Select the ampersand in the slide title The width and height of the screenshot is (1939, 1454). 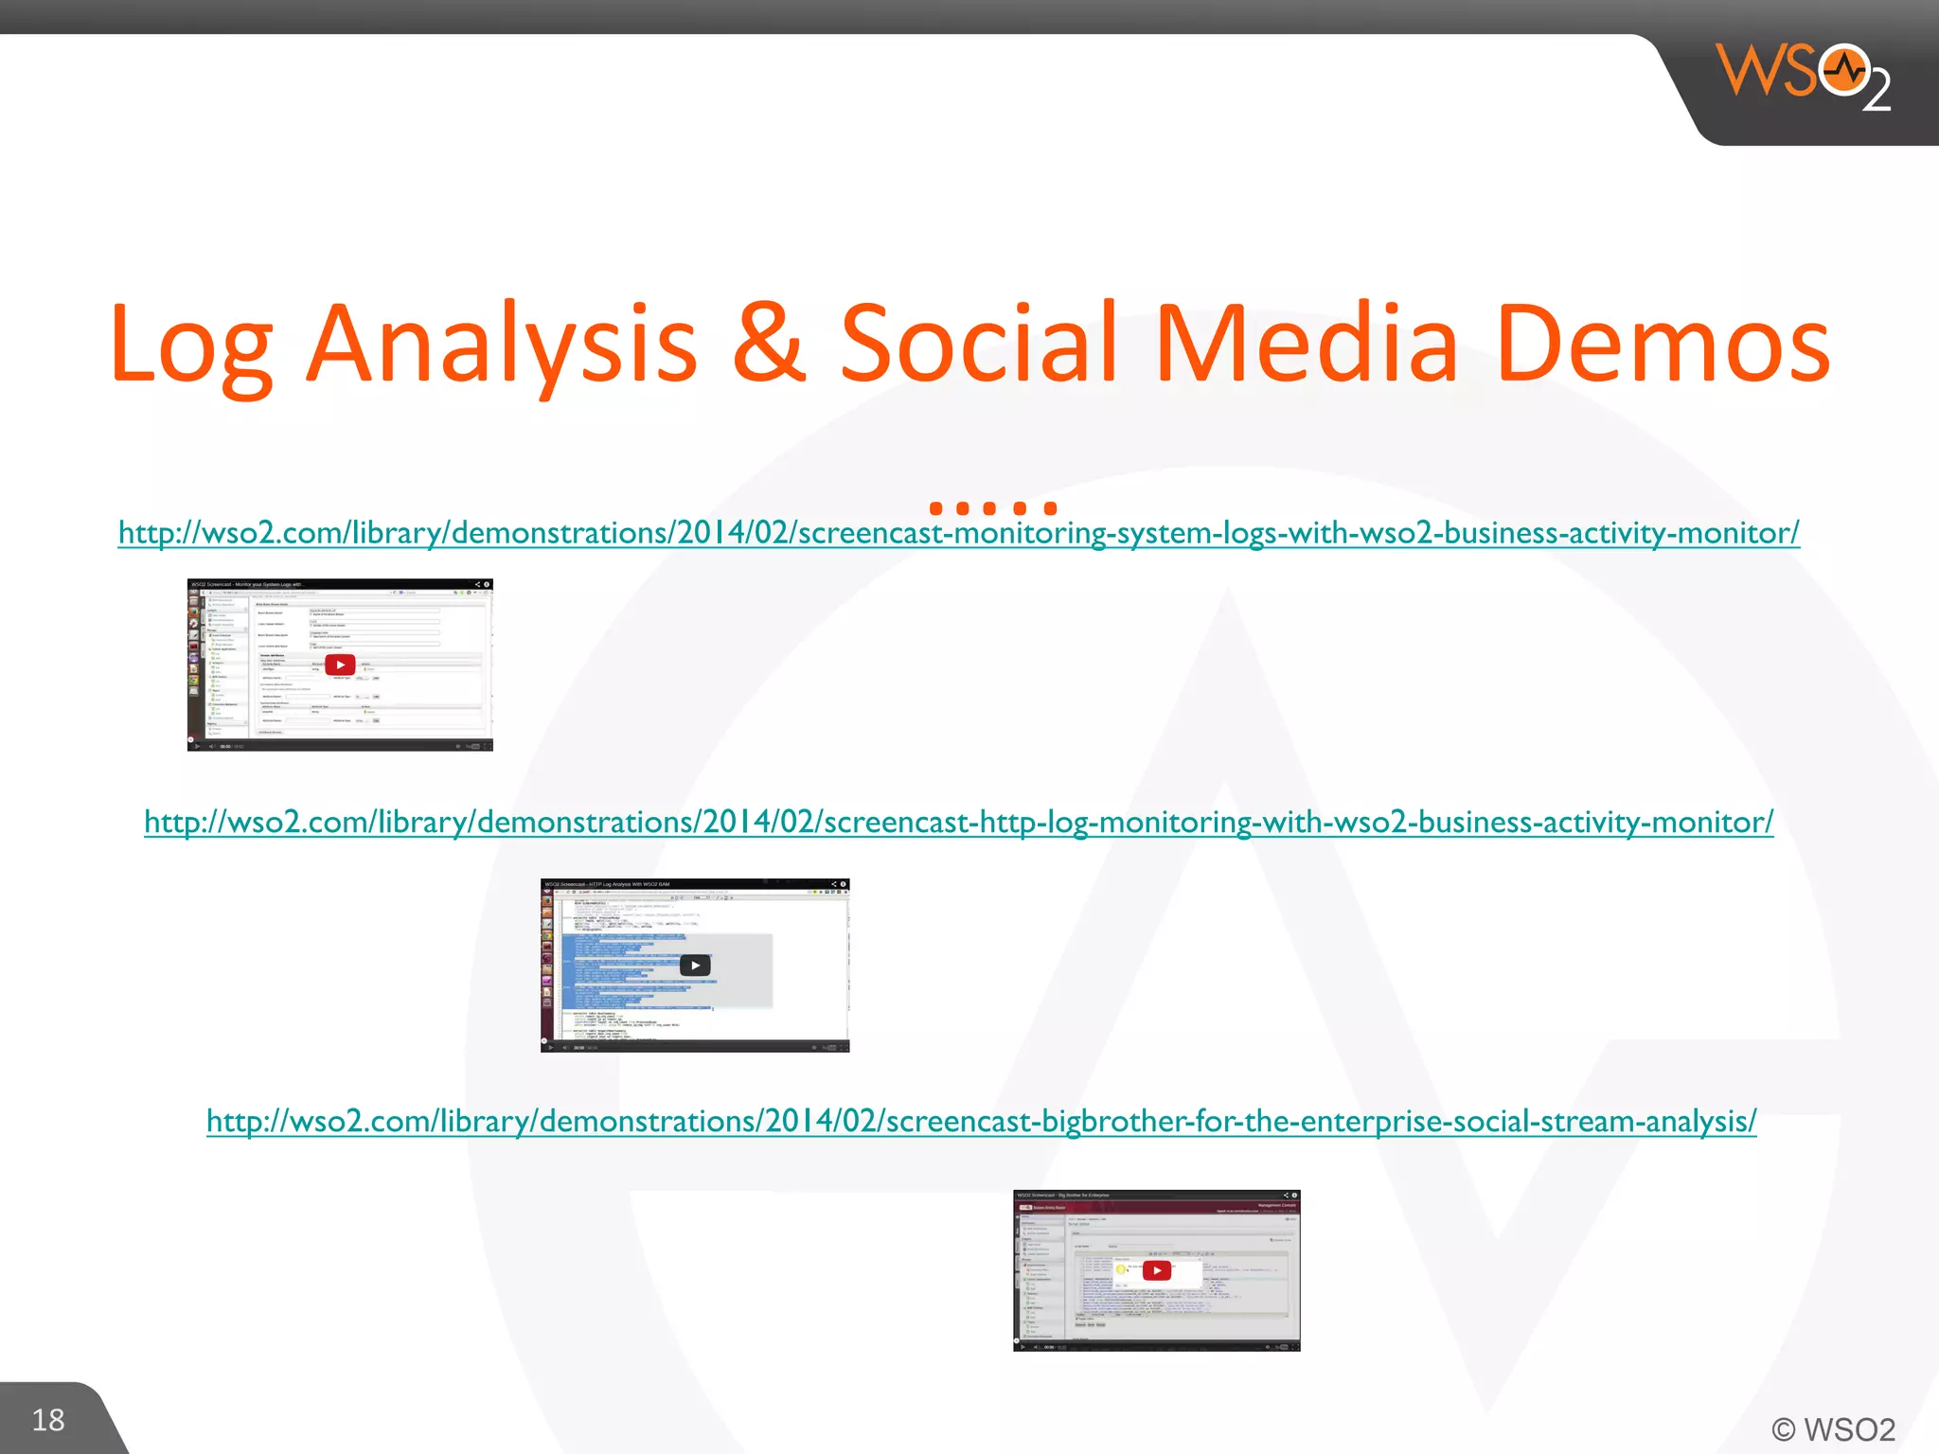pos(769,343)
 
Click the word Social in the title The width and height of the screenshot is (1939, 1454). pos(979,343)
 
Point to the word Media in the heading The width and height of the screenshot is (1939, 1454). pos(1307,343)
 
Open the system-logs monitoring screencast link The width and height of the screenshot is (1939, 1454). pos(958,533)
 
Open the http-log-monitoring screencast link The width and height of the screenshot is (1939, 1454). pos(958,822)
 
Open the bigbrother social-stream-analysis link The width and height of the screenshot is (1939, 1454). pos(981,1121)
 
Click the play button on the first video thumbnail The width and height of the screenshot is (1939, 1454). pos(340,665)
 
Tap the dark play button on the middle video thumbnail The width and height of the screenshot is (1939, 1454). pos(695,966)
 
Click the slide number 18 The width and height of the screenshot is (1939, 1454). pos(48,1420)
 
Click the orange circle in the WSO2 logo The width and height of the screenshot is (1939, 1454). pos(1843,69)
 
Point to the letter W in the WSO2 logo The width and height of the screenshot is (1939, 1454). pos(1749,69)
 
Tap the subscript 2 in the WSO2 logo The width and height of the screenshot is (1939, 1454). pos(1876,91)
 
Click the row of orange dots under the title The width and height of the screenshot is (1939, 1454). pos(992,508)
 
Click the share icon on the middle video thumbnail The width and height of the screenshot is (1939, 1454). pos(833,884)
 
